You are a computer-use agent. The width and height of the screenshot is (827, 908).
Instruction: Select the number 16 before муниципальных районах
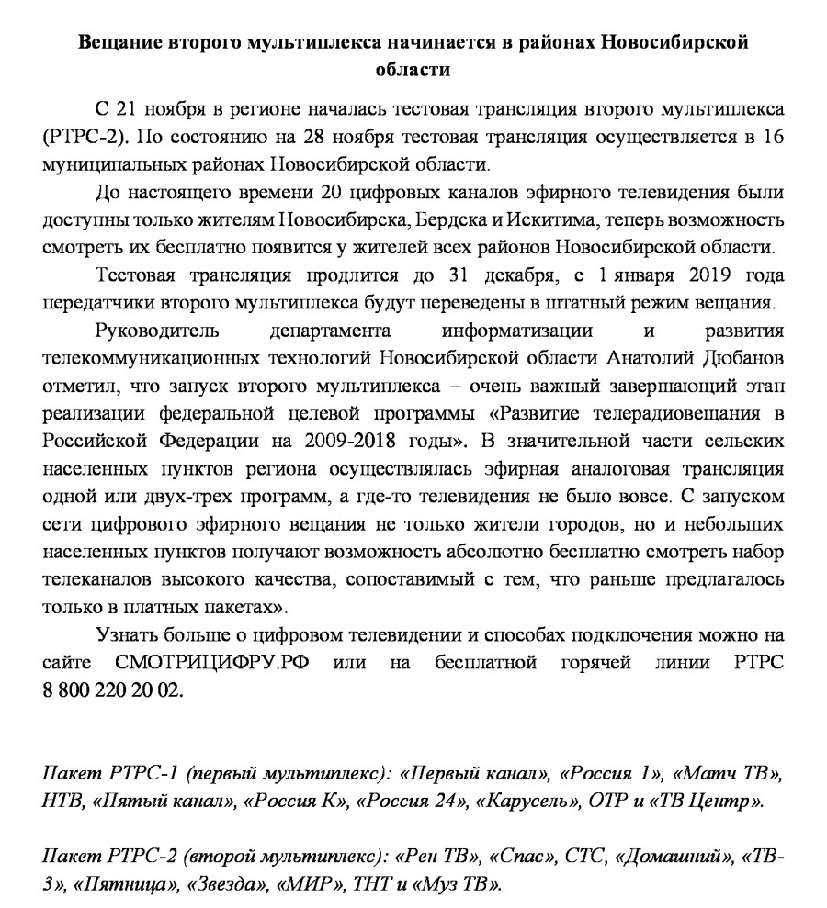(x=774, y=139)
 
